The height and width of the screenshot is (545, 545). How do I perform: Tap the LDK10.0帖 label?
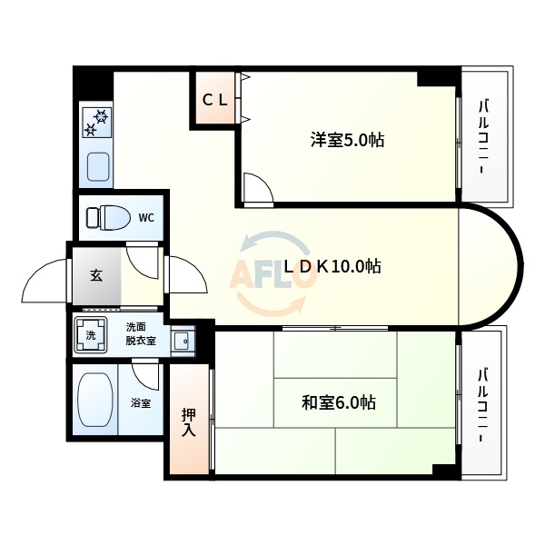click(332, 266)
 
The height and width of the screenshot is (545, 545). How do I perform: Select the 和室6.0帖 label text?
click(339, 401)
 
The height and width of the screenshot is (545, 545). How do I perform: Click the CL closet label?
click(214, 100)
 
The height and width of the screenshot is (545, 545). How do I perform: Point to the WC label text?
click(146, 218)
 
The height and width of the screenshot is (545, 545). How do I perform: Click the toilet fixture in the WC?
click(105, 218)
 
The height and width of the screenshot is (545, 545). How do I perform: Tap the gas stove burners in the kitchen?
click(96, 122)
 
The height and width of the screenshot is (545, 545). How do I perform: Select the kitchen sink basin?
click(97, 167)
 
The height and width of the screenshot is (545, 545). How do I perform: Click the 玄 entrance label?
click(95, 276)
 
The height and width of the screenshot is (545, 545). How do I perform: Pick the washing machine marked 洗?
click(91, 334)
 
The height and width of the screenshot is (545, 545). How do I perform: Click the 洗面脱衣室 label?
click(140, 333)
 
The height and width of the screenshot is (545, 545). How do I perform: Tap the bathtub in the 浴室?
click(94, 400)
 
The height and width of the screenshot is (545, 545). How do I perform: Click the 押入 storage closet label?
click(188, 421)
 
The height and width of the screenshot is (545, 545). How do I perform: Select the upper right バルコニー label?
click(484, 136)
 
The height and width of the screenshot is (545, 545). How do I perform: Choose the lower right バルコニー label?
click(484, 403)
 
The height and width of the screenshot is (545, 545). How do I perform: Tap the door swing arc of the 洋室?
click(258, 188)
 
